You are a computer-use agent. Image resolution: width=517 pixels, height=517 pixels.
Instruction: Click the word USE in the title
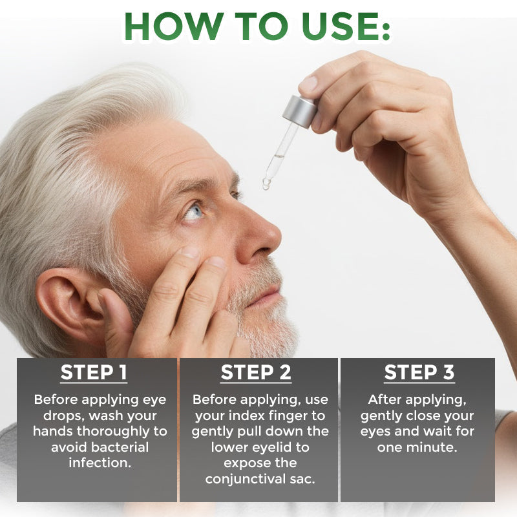336,26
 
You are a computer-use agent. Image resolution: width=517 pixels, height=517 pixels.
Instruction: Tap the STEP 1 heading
94,373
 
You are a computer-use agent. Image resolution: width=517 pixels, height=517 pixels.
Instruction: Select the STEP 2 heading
256,373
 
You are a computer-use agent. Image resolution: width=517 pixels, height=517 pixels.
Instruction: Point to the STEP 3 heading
419,373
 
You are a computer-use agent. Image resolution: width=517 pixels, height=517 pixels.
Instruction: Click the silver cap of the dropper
300,111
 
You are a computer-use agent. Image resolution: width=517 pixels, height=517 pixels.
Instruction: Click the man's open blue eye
193,211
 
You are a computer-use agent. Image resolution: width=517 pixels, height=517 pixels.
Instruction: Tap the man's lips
267,297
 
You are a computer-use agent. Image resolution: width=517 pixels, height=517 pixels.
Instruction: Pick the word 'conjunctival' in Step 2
244,479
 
